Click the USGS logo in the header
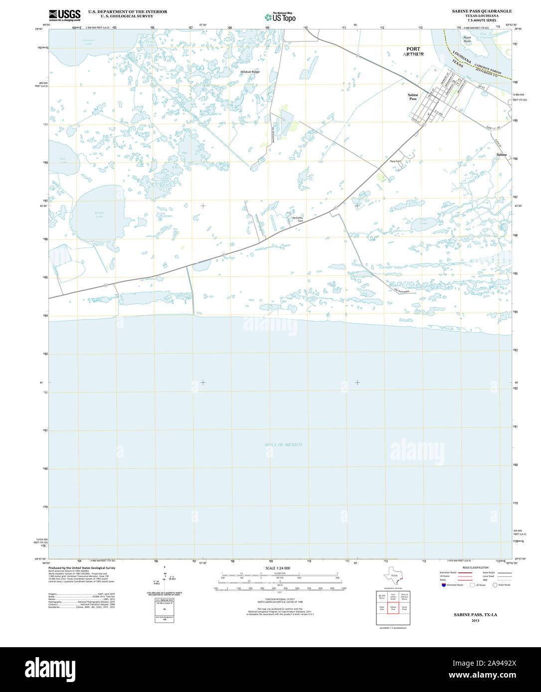point(65,15)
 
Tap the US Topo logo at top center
point(280,17)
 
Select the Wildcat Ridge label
point(250,72)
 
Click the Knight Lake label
point(100,215)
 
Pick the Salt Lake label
point(63,161)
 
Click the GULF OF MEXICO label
point(283,445)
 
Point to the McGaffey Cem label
point(298,219)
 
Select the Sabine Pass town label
point(413,97)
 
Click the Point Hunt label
point(467,39)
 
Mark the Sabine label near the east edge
point(501,155)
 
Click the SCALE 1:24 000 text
point(278,568)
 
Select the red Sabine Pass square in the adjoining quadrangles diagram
point(393,608)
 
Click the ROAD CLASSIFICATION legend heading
point(475,568)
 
